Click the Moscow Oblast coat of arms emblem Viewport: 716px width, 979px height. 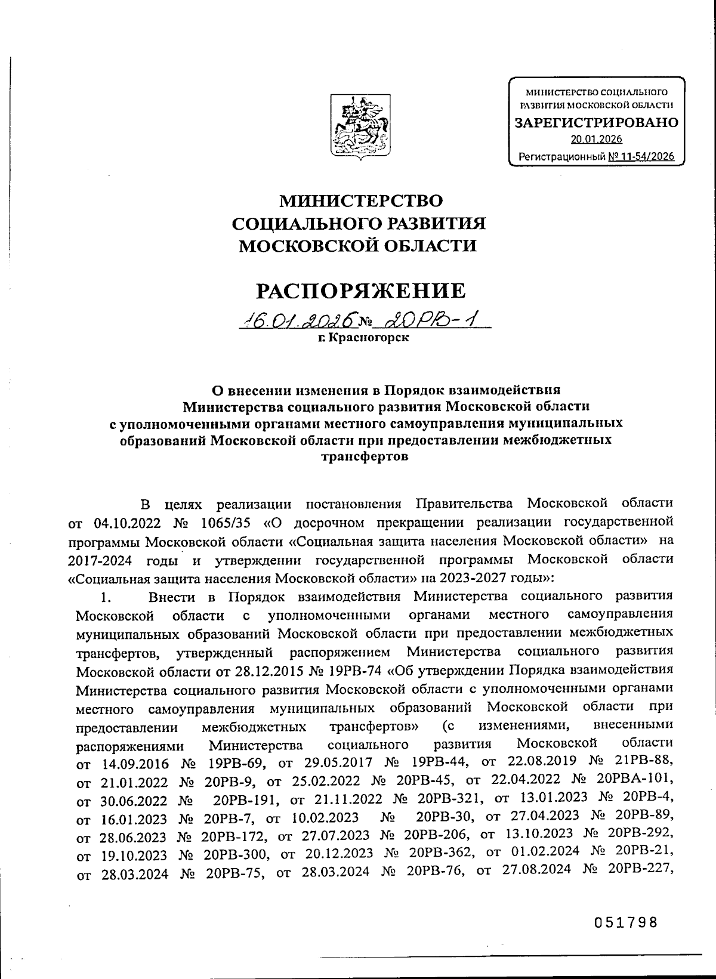click(360, 125)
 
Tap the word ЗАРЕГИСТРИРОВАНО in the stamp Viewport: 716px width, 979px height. click(596, 123)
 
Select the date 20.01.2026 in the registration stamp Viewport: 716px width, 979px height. click(596, 140)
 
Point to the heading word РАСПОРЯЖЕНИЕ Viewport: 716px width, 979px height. click(360, 291)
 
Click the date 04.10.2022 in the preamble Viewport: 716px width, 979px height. click(128, 523)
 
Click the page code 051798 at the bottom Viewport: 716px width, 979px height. click(625, 922)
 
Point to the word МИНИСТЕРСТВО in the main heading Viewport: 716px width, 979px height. click(362, 200)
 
